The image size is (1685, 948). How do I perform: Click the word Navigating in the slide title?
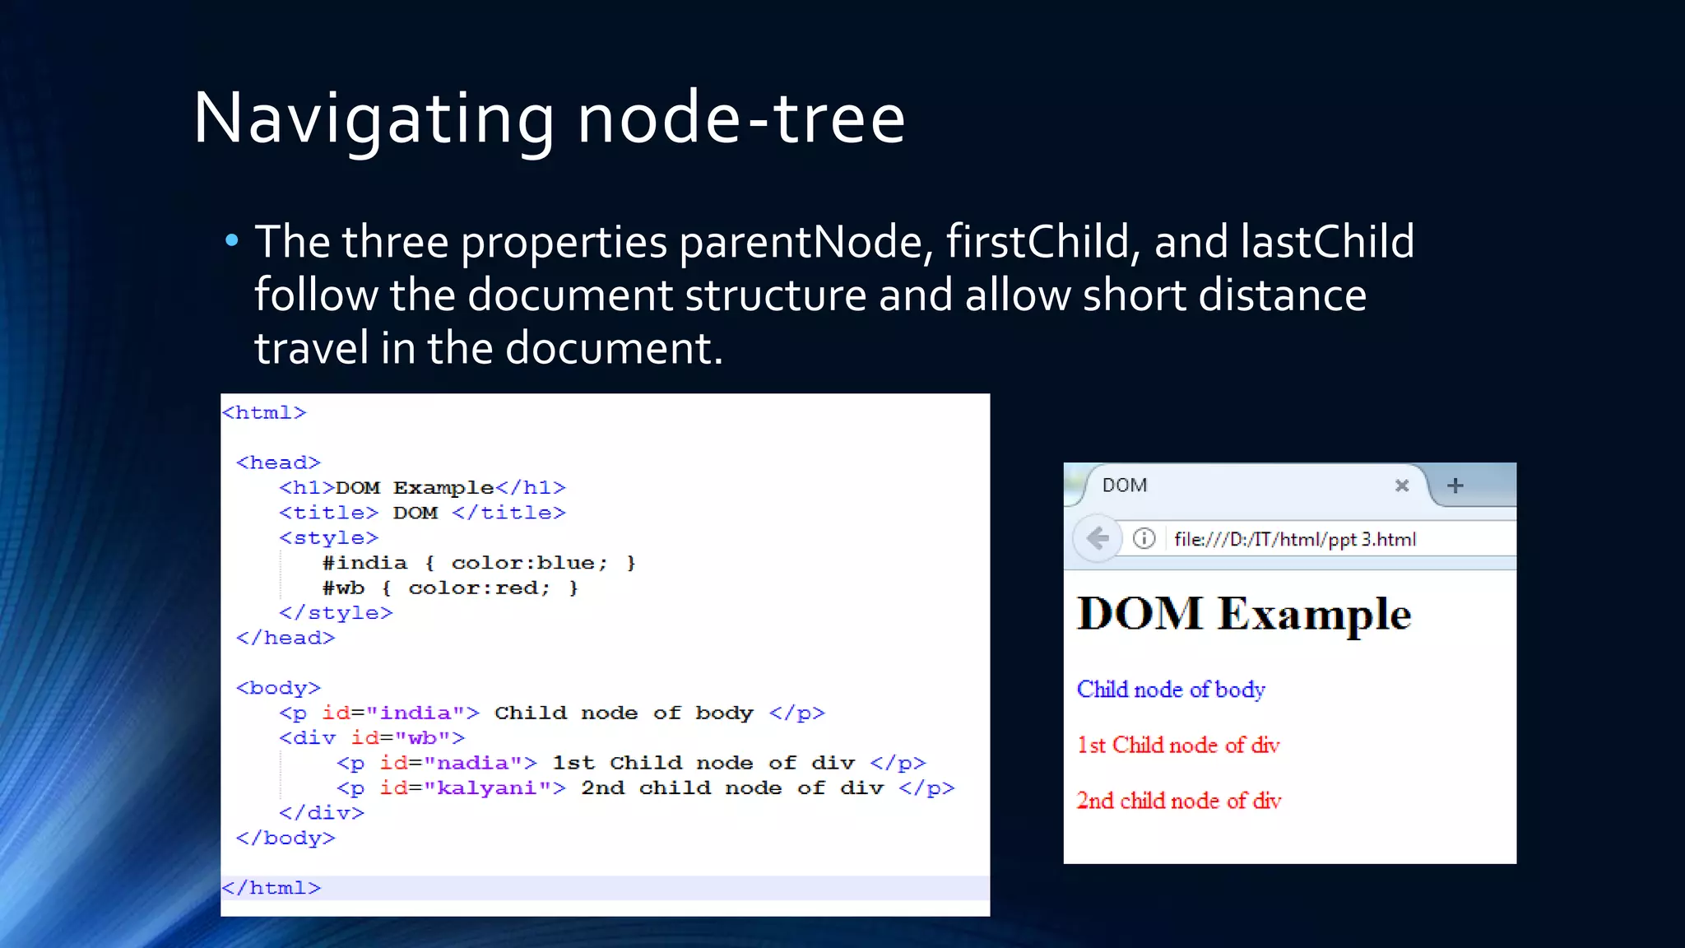tap(374, 119)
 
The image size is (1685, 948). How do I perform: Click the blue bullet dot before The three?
tap(232, 240)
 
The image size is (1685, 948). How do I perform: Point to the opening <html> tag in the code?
tap(264, 412)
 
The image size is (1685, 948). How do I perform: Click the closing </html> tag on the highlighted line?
tap(272, 888)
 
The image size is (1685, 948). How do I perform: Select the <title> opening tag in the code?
tap(328, 513)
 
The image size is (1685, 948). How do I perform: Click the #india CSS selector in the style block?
tap(364, 563)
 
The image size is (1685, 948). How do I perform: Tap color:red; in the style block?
tap(479, 588)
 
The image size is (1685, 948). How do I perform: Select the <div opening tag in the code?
tap(308, 738)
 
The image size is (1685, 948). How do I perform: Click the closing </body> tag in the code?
tap(285, 838)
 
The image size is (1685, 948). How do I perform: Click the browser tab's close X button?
tap(1402, 486)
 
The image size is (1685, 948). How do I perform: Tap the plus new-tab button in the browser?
tap(1455, 486)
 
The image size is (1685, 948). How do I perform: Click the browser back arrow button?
tap(1098, 539)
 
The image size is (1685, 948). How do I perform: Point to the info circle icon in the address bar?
tap(1144, 539)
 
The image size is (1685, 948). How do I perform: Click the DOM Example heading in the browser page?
tap(1244, 614)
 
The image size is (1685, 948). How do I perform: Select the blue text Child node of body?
tap(1171, 690)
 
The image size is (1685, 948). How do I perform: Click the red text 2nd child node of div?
tap(1178, 801)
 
